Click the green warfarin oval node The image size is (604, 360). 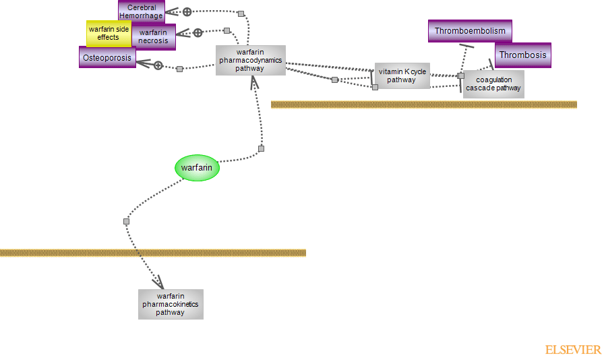point(198,168)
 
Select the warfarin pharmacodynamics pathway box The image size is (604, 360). point(250,60)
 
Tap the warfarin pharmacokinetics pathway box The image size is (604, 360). point(171,304)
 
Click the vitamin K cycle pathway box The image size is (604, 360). point(402,76)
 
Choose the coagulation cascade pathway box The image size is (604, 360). point(493,84)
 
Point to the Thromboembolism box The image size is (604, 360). point(470,31)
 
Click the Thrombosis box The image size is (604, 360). point(522,55)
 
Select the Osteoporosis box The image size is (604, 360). point(107,57)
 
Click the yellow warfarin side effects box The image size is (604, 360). point(108,33)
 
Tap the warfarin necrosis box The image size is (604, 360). point(154,36)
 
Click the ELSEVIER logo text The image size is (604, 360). point(572,350)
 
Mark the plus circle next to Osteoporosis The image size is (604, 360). point(158,65)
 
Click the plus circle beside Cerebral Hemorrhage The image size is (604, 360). point(187,11)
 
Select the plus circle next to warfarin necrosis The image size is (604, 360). point(198,32)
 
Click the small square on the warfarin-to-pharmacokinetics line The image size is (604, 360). point(126,221)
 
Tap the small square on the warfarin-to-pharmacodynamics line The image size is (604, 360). point(261,148)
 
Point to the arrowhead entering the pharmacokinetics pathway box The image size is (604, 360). point(159,281)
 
